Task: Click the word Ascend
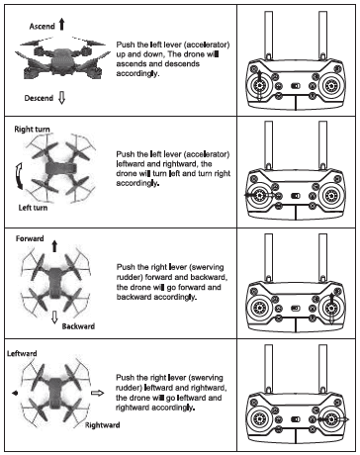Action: pos(42,26)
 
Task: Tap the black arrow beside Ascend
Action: pos(61,25)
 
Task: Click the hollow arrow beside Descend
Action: pos(61,98)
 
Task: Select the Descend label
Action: pos(39,98)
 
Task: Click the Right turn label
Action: pos(32,130)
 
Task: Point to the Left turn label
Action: pos(33,208)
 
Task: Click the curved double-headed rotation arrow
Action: pos(19,176)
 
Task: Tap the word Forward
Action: pos(30,238)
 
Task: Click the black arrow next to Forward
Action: pos(54,246)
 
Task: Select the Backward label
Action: pos(78,326)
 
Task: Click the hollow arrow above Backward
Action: pos(54,318)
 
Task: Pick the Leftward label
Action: pos(22,353)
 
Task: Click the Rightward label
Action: pos(103,425)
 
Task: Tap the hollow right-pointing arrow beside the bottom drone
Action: pos(98,393)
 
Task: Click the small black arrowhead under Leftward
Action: pos(15,393)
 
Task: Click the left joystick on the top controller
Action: pos(259,86)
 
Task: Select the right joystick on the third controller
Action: pos(331,309)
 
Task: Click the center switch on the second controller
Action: pos(296,196)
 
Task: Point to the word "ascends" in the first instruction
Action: pos(130,63)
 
